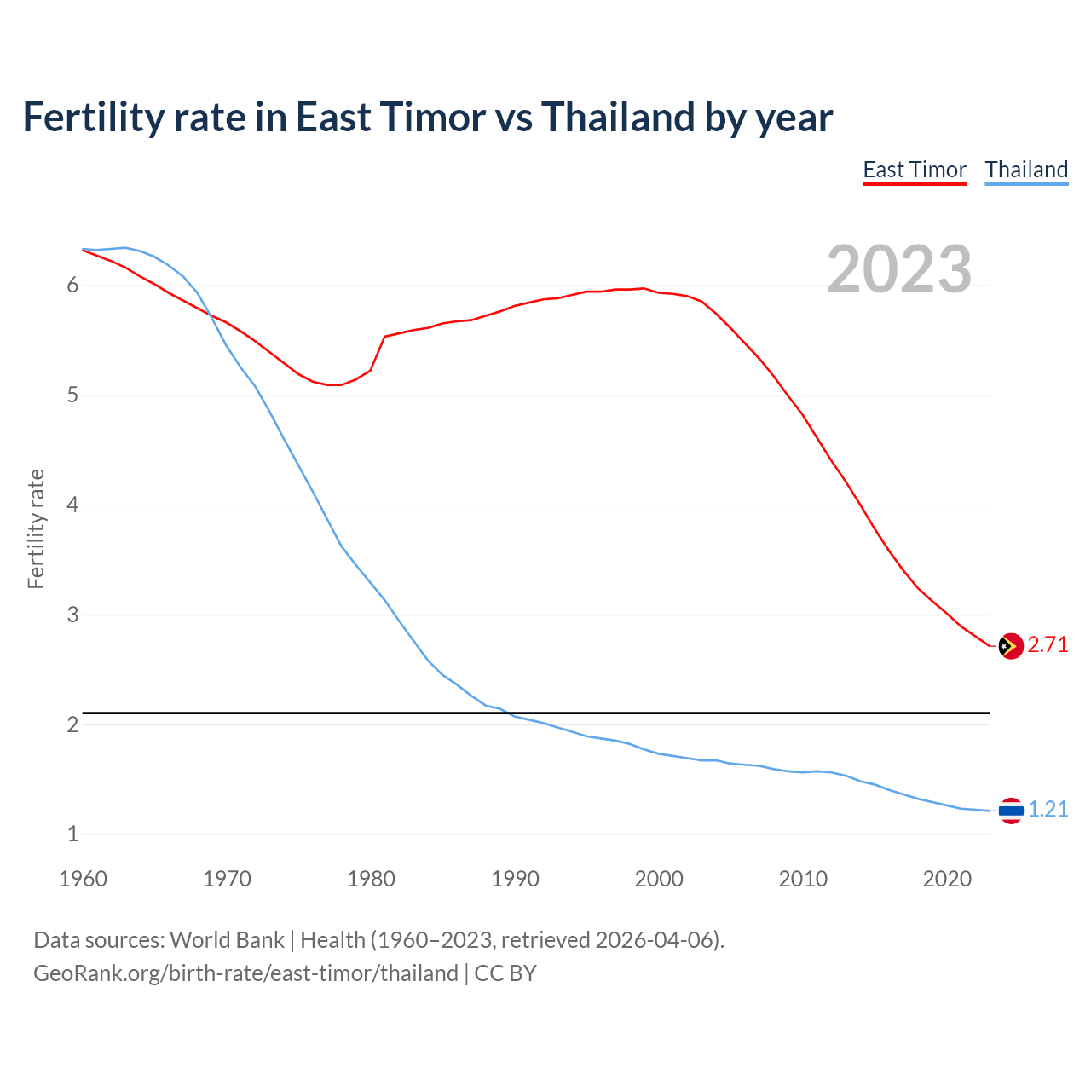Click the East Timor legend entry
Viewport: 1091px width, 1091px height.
click(915, 170)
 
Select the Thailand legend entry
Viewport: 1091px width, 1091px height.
click(1026, 170)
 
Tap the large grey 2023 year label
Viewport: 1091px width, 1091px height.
click(899, 269)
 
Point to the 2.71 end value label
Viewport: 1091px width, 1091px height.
click(1048, 645)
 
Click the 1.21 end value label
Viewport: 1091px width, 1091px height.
click(1048, 810)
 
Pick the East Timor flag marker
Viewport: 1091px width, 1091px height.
click(1010, 647)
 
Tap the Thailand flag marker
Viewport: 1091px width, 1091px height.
click(1010, 811)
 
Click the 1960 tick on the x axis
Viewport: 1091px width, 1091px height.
click(83, 879)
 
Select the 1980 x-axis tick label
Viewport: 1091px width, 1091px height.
click(371, 879)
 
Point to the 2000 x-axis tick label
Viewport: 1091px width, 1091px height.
click(659, 879)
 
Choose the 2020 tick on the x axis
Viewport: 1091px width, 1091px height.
click(947, 879)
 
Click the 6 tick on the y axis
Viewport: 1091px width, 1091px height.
click(72, 286)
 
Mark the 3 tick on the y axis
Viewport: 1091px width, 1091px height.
click(72, 615)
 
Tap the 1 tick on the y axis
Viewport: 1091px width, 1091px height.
click(72, 834)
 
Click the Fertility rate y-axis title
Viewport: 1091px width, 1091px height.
click(36, 528)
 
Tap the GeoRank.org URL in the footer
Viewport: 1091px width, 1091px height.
click(245, 973)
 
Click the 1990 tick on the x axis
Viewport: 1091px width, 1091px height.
click(515, 879)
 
